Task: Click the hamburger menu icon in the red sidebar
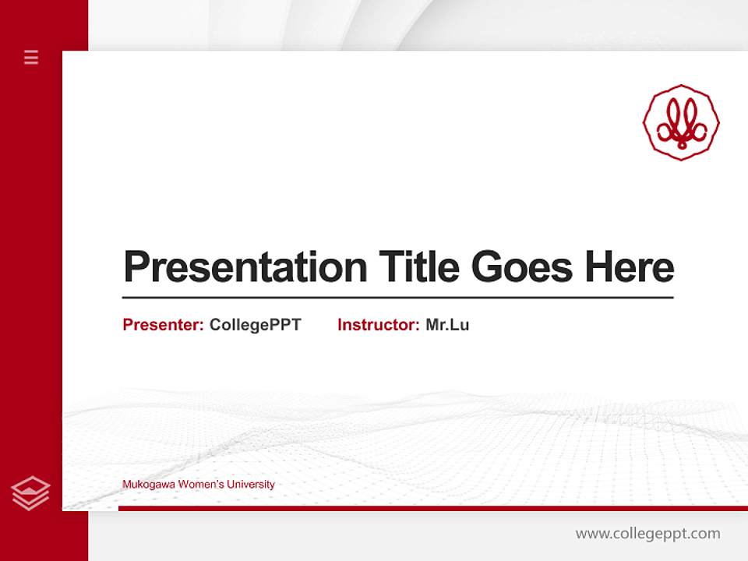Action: point(31,57)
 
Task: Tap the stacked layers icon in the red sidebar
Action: point(30,492)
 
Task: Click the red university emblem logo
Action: point(681,122)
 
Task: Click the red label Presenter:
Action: point(163,325)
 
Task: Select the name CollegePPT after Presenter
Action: point(255,325)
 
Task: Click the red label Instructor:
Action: point(378,325)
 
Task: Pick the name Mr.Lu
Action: point(447,325)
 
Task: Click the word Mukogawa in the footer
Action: point(148,485)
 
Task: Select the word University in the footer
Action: point(251,485)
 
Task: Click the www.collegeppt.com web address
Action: point(647,534)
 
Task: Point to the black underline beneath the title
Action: point(397,298)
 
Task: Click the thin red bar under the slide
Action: point(432,508)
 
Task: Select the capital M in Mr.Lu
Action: point(433,325)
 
